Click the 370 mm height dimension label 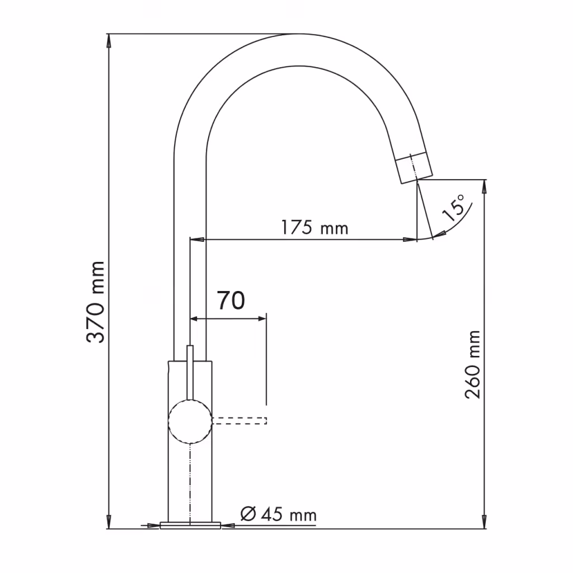tap(96, 302)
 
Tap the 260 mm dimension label tap(472, 364)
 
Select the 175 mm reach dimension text tap(314, 227)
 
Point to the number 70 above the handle tap(231, 300)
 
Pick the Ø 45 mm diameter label tap(279, 515)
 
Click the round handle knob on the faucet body tap(190, 421)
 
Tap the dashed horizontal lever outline tap(239, 421)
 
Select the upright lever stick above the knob tap(190, 373)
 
